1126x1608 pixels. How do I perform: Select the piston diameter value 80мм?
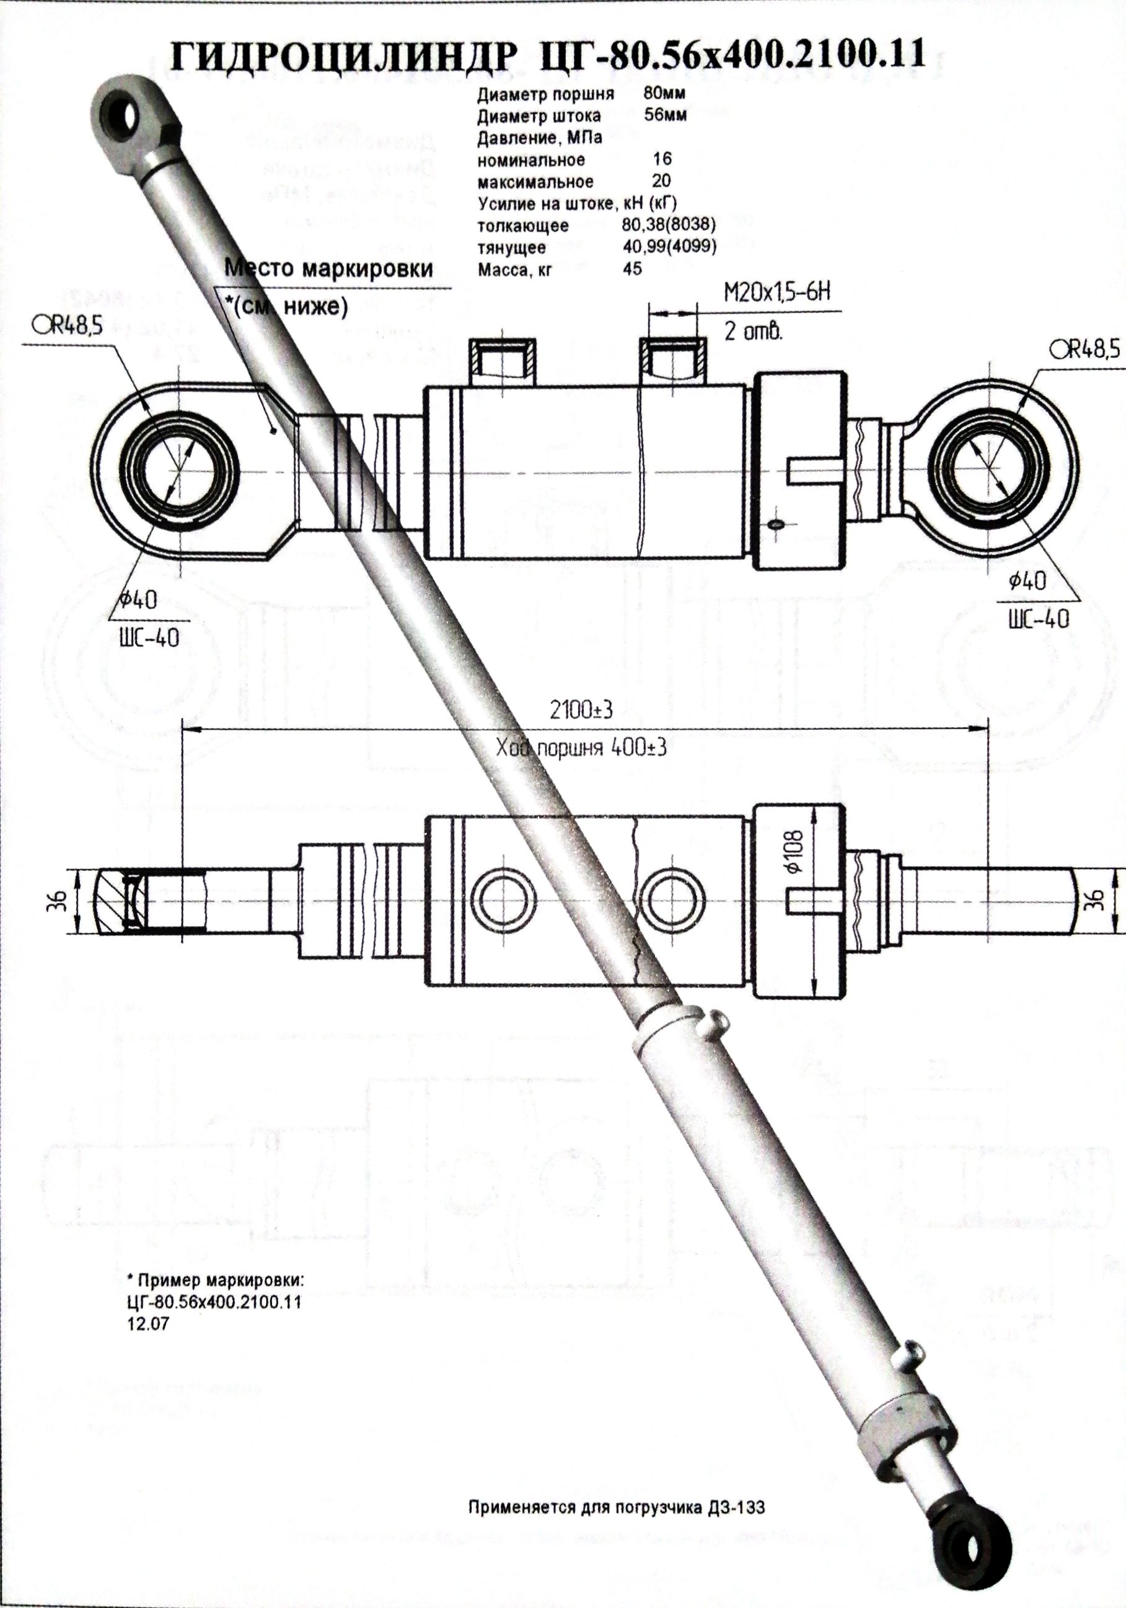(x=664, y=94)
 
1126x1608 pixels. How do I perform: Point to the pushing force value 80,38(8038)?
(x=668, y=226)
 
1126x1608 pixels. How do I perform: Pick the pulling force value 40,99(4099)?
(x=668, y=247)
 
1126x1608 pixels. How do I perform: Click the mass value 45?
(x=631, y=269)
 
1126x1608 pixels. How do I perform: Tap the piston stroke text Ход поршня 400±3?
(x=581, y=749)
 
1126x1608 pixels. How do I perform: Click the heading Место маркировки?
(x=328, y=269)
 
